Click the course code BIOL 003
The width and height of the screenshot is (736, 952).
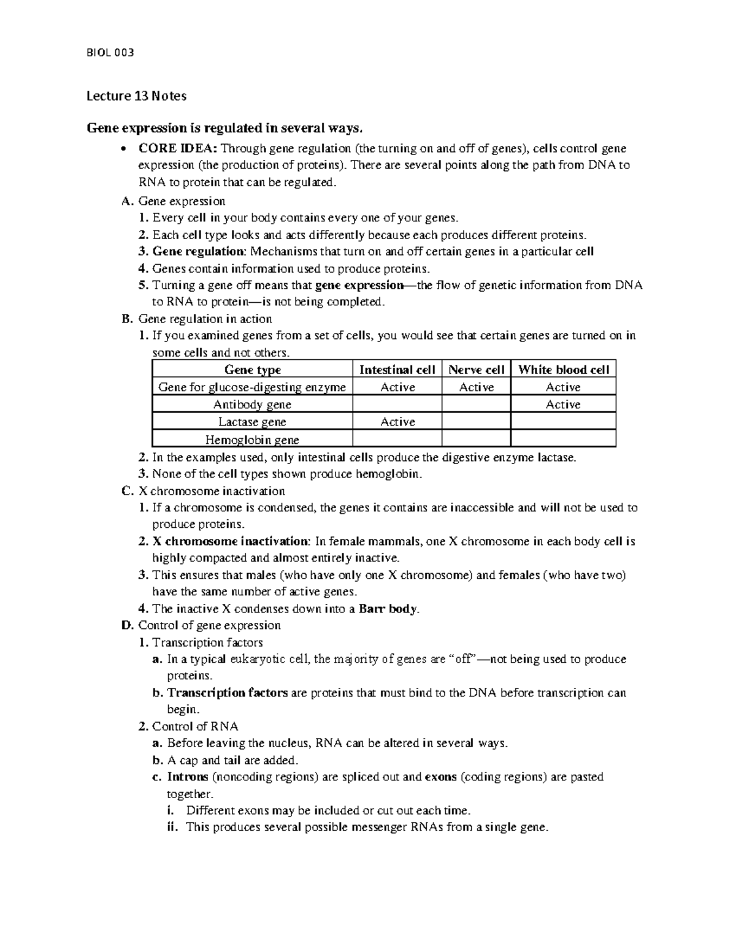[110, 52]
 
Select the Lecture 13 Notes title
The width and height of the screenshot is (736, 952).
[136, 96]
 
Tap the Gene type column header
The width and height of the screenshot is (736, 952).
[252, 370]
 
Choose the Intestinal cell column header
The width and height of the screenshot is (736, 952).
[397, 370]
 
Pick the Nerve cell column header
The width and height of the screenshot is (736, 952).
[476, 370]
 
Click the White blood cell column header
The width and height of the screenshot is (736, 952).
[563, 370]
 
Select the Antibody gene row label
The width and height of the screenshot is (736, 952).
[252, 405]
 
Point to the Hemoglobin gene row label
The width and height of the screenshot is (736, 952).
[252, 440]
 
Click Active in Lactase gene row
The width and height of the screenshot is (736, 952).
[397, 422]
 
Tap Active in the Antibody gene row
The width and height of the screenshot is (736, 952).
[563, 405]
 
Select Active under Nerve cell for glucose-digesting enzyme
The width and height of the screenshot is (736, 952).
[476, 387]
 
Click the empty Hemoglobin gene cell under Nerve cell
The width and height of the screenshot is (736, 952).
[476, 439]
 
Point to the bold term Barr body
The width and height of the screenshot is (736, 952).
[389, 609]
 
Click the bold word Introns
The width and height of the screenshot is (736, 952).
[188, 777]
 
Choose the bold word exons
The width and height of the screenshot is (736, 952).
[440, 777]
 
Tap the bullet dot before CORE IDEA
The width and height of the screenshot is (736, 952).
[125, 149]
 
